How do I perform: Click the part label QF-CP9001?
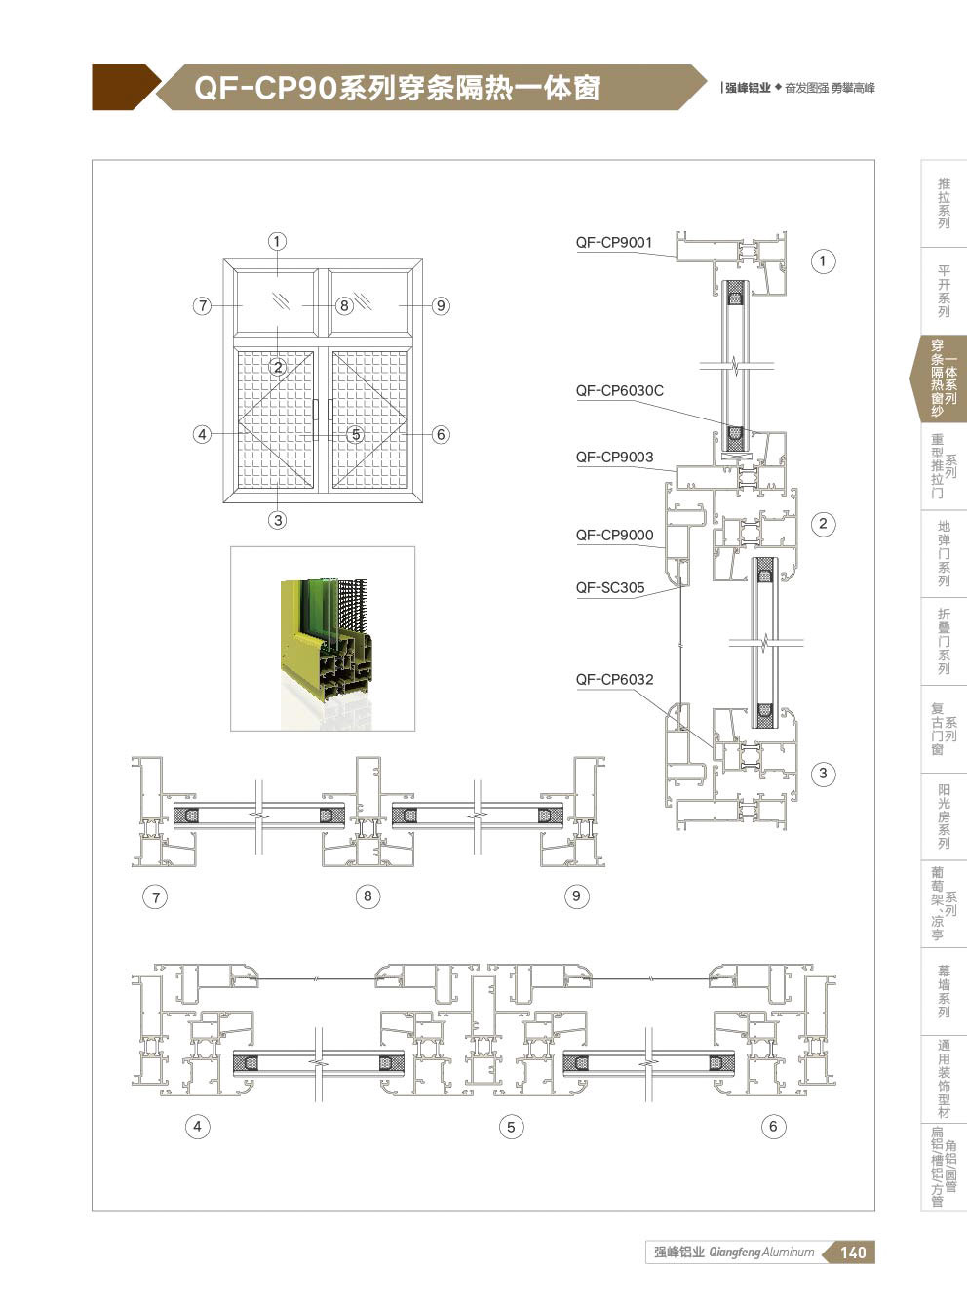point(614,242)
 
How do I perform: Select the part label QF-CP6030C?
point(620,390)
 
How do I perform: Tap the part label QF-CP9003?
point(614,457)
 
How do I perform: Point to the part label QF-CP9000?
point(614,535)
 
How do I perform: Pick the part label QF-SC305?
point(610,587)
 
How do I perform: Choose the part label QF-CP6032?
point(614,679)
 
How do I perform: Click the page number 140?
point(853,1253)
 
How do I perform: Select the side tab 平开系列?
point(944,291)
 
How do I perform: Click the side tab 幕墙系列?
point(944,992)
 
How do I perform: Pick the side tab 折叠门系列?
point(944,641)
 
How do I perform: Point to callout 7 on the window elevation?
point(203,305)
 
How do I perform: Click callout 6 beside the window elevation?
point(441,434)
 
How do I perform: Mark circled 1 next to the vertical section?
point(823,260)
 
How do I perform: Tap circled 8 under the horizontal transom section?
point(367,896)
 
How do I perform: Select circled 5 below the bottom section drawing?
point(511,1127)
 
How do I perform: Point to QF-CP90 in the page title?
point(265,89)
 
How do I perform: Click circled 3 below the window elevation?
point(278,520)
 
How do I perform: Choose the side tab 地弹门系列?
point(944,553)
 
